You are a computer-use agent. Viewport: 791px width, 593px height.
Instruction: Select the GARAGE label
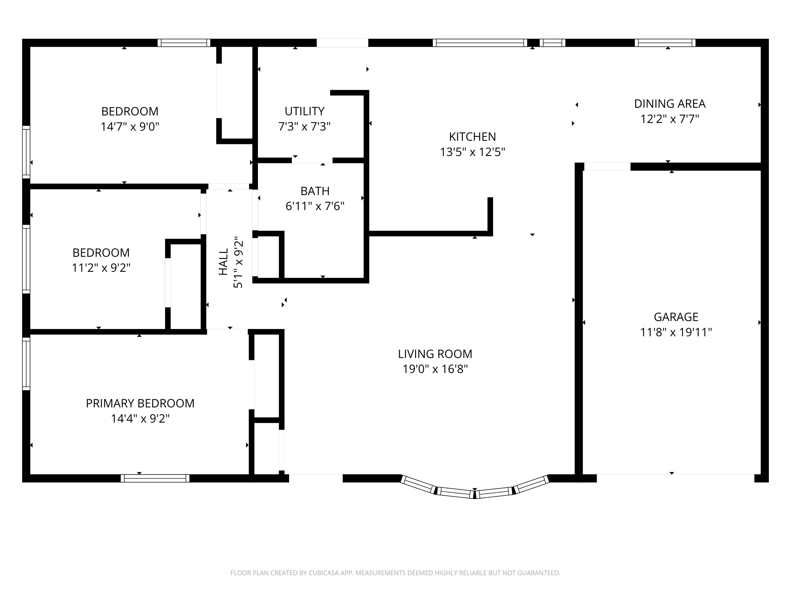(676, 317)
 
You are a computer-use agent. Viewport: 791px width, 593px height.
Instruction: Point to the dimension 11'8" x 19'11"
(676, 332)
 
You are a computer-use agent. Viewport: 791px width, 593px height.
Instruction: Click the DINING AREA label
(669, 104)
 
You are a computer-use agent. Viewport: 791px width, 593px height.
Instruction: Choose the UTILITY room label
(304, 111)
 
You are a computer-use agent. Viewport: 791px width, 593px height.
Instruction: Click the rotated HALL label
(223, 262)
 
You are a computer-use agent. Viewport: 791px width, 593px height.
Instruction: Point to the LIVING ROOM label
(435, 354)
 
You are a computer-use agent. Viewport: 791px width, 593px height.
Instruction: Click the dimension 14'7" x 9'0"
(129, 127)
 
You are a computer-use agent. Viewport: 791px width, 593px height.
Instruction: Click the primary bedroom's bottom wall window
(155, 478)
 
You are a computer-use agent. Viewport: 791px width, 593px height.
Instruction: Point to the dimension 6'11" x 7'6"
(315, 206)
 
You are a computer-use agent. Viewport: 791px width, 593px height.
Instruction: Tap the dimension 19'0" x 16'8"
(435, 369)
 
